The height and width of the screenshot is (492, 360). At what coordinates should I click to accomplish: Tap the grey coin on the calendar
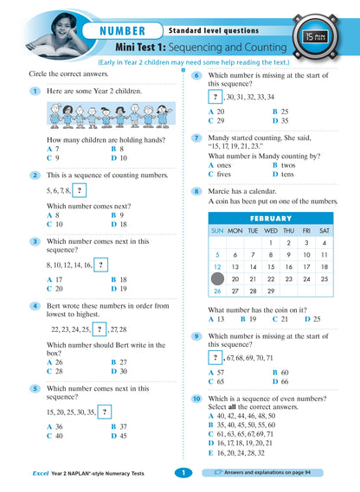[217, 279]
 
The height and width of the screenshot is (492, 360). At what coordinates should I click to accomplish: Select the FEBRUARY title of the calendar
[271, 218]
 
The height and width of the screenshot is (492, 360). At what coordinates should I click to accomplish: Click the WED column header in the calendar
[271, 231]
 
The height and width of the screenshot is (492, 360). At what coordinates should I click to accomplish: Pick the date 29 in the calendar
[271, 291]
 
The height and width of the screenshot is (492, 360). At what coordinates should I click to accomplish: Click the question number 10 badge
[196, 398]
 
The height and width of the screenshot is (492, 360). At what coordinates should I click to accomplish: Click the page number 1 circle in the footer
[183, 473]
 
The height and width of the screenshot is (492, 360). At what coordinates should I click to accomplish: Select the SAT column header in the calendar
[325, 231]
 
